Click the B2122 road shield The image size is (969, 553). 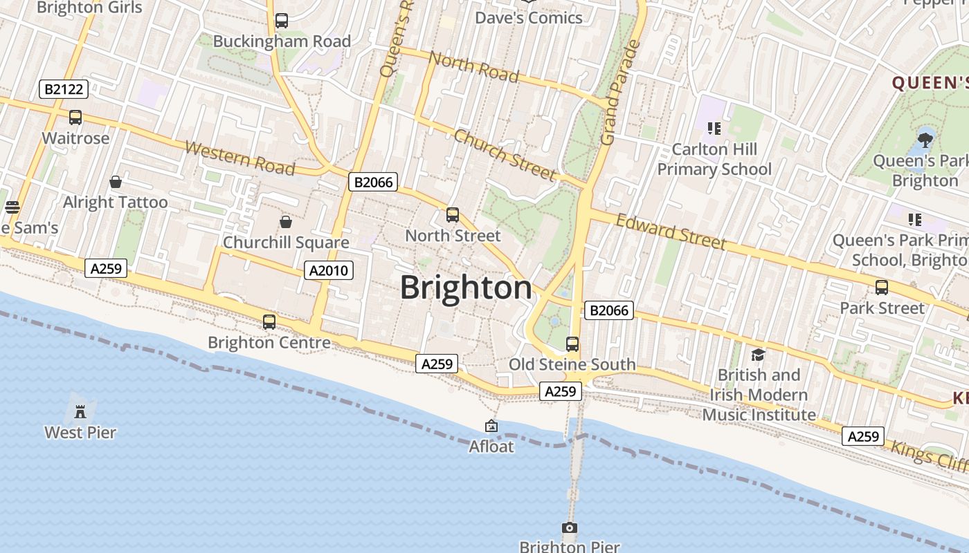pyautogui.click(x=64, y=88)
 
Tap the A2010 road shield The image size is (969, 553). pyautogui.click(x=329, y=270)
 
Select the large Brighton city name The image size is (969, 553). pyautogui.click(x=466, y=288)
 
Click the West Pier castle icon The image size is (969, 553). pyautogui.click(x=80, y=412)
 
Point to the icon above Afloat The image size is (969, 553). pyautogui.click(x=491, y=426)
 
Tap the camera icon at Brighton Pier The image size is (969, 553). pyautogui.click(x=569, y=528)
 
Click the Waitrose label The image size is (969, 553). pyautogui.click(x=75, y=138)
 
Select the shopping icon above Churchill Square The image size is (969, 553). pyautogui.click(x=285, y=222)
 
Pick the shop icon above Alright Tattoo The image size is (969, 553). pyautogui.click(x=116, y=182)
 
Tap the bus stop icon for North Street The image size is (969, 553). pyautogui.click(x=453, y=215)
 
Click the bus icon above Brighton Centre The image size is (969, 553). pyautogui.click(x=269, y=322)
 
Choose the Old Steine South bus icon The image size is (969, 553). pyautogui.click(x=572, y=344)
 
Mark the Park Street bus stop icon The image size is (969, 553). pyautogui.click(x=882, y=288)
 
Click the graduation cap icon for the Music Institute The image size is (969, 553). pyautogui.click(x=758, y=355)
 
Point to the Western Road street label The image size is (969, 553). pyautogui.click(x=240, y=158)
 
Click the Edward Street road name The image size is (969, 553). pyautogui.click(x=671, y=232)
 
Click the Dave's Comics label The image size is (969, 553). pyautogui.click(x=529, y=18)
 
